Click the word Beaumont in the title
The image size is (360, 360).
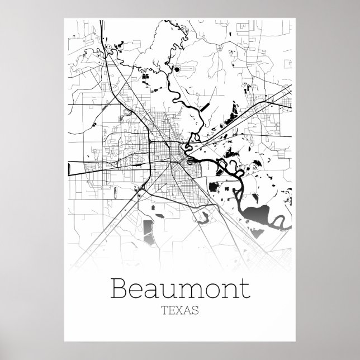coord(180,288)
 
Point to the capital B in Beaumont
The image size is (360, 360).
coord(122,288)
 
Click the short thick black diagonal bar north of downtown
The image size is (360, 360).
coord(205,106)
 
